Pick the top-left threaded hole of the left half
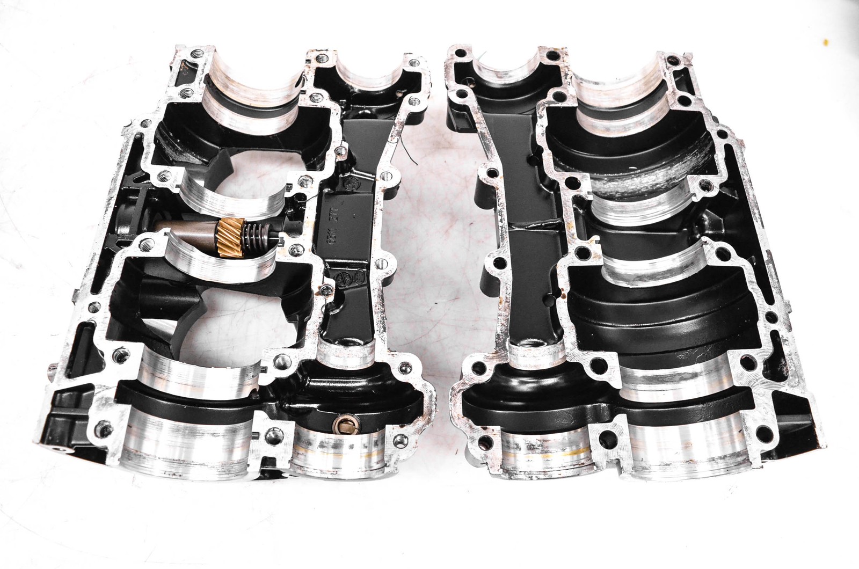(x=199, y=54)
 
